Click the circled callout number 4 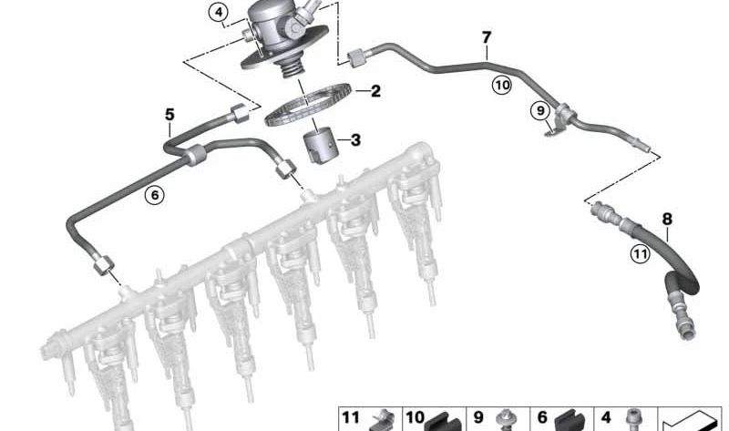(217, 13)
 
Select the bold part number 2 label (375, 91)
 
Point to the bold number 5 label (169, 114)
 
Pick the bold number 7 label (487, 37)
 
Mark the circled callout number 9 (540, 110)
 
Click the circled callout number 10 (502, 86)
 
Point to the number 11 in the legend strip (351, 418)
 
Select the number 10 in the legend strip (415, 418)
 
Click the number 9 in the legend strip (478, 418)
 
